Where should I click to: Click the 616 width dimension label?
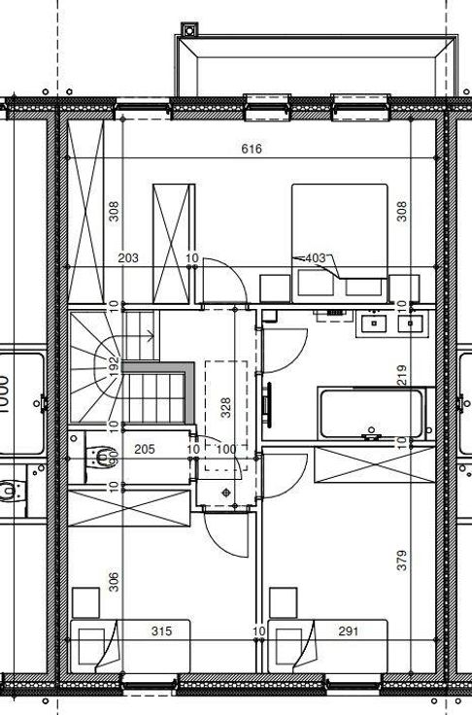click(252, 149)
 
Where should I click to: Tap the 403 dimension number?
click(316, 258)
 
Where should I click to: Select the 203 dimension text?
click(128, 258)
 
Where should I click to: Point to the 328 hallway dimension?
click(225, 408)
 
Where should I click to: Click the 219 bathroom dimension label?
click(402, 375)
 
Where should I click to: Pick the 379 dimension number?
click(402, 561)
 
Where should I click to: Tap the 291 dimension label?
click(349, 631)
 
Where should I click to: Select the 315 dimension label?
click(162, 631)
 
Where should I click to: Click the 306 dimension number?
click(114, 582)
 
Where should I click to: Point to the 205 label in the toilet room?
click(145, 450)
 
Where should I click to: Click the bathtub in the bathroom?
click(372, 414)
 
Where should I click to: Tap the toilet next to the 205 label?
click(101, 458)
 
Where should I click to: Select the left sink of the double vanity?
click(374, 323)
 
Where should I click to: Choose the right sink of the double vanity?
click(411, 323)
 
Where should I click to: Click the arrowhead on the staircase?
click(151, 337)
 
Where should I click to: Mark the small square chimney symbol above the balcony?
click(189, 30)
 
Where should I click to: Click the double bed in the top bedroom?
click(340, 243)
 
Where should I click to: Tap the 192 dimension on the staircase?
click(114, 366)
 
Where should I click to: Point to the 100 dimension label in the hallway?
click(226, 450)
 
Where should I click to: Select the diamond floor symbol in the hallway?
click(226, 493)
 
